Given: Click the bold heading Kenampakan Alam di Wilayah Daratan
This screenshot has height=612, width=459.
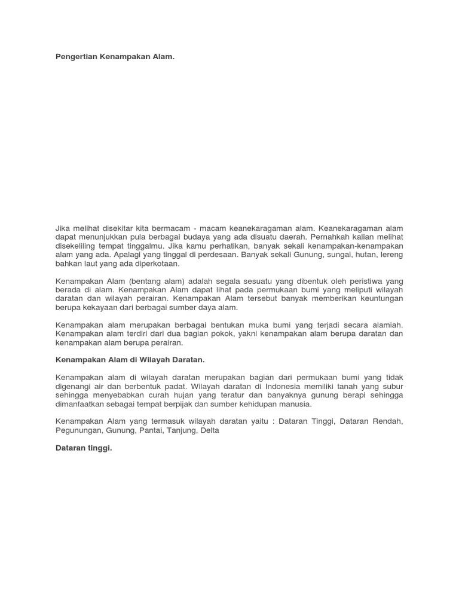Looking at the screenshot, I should tap(130, 360).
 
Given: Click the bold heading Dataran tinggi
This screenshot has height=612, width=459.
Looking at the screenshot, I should tap(84, 448).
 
